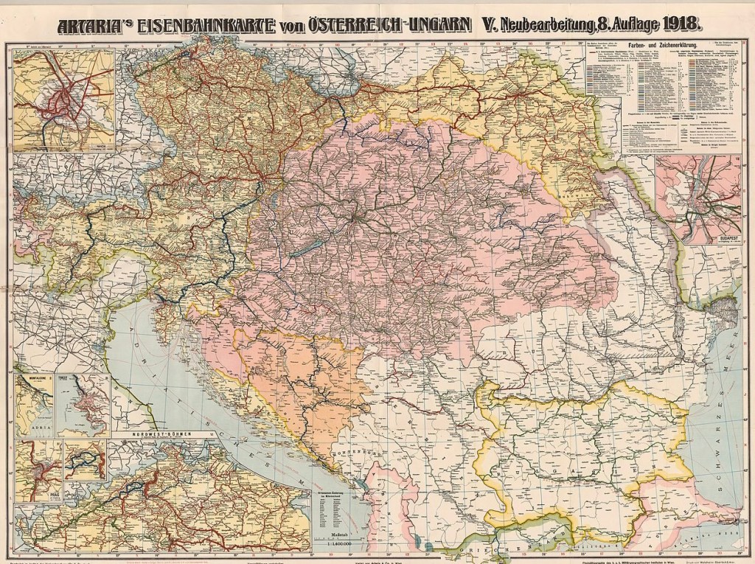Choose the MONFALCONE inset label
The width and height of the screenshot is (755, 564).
click(x=33, y=378)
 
